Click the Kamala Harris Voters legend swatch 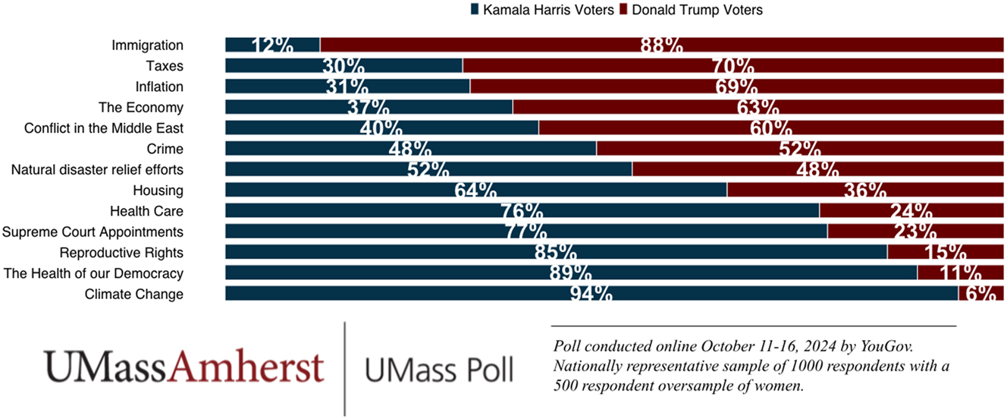pyautogui.click(x=475, y=10)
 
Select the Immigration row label pyautogui.click(x=147, y=46)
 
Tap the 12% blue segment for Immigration pyautogui.click(x=272, y=45)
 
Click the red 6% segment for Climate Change pyautogui.click(x=981, y=293)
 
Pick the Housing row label pyautogui.click(x=158, y=190)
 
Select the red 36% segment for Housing pyautogui.click(x=865, y=190)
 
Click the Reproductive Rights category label pyautogui.click(x=121, y=252)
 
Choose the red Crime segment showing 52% pyautogui.click(x=800, y=149)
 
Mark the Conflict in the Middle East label pyautogui.click(x=104, y=128)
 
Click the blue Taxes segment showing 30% pyautogui.click(x=344, y=66)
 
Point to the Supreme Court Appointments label pyautogui.click(x=93, y=232)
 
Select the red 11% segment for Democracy pyautogui.click(x=960, y=273)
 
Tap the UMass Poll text pyautogui.click(x=438, y=370)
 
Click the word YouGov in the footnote pyautogui.click(x=888, y=346)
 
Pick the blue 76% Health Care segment pyautogui.click(x=522, y=210)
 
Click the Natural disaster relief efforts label pyautogui.click(x=97, y=169)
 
